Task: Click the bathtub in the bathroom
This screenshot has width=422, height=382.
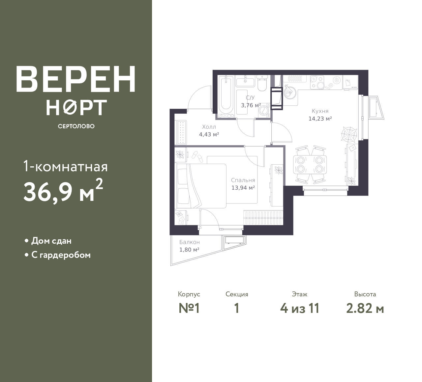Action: (226, 97)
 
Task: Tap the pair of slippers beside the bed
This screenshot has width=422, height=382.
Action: (197, 156)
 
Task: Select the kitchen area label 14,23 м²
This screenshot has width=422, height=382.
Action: (320, 119)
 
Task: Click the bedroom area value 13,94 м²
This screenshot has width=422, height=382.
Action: (243, 188)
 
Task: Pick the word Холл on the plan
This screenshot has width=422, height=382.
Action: (209, 127)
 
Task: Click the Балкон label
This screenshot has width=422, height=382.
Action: (190, 242)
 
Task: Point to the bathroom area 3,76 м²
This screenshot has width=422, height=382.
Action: (251, 105)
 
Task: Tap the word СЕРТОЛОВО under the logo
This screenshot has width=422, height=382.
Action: (76, 126)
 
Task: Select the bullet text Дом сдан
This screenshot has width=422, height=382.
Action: (51, 241)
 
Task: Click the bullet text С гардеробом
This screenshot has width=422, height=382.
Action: (61, 255)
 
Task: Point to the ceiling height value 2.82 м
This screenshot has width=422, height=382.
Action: (365, 309)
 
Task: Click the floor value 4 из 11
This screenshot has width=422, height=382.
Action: (300, 309)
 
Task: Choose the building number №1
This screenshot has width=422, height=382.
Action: (189, 309)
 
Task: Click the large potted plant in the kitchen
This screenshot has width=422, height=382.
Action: (349, 134)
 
